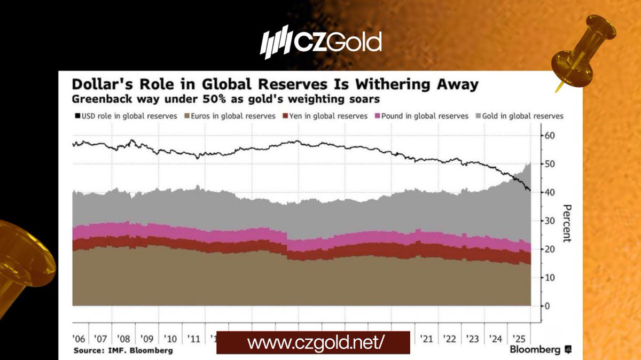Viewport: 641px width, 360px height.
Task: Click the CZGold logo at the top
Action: (320, 41)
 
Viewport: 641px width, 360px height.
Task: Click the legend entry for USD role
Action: (124, 116)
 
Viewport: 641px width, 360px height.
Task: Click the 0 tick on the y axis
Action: (546, 306)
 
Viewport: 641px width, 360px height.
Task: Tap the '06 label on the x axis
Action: (80, 339)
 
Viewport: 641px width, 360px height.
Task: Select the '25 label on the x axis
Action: (518, 339)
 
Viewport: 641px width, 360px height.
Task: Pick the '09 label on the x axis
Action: (147, 339)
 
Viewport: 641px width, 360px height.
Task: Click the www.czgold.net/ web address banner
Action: (313, 343)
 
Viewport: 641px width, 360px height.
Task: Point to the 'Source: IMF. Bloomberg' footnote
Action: (123, 350)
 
